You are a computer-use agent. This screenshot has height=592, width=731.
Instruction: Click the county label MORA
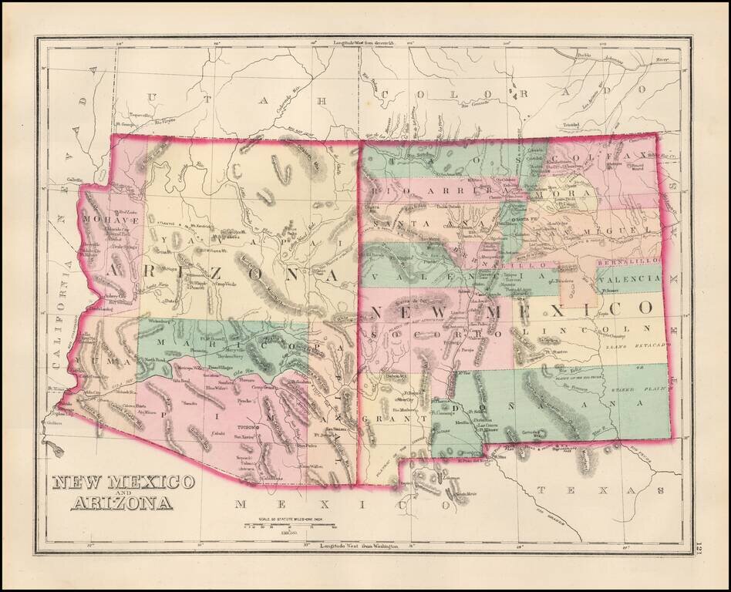click(581, 193)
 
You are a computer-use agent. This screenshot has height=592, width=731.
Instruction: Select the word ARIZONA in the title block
click(123, 505)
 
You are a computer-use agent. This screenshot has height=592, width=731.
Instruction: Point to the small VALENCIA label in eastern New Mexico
click(628, 281)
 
